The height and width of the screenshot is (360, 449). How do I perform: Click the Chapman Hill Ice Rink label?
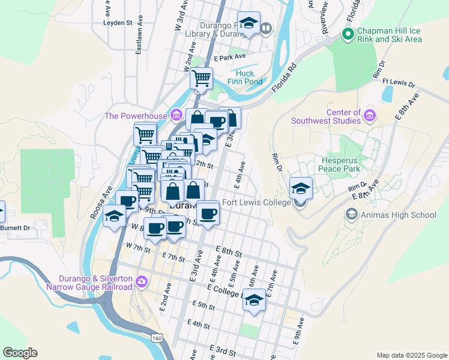(390, 35)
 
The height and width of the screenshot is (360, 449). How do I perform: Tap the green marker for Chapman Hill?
(347, 34)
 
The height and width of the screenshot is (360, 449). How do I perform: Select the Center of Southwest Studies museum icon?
(370, 115)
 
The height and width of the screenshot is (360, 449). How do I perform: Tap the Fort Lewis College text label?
(256, 202)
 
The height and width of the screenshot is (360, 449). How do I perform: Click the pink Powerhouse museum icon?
(176, 115)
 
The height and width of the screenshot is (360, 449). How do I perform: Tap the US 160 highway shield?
(157, 338)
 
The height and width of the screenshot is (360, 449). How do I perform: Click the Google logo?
(20, 353)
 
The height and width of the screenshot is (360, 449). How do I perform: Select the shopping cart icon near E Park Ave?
(201, 78)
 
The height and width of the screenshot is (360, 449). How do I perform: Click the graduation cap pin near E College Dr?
(254, 301)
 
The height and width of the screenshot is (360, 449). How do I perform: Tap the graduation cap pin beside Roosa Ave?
(114, 216)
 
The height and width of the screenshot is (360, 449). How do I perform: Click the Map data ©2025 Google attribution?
(411, 355)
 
